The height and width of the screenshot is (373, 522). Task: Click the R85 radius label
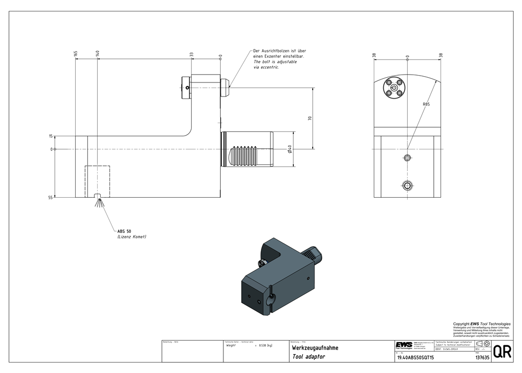(426, 105)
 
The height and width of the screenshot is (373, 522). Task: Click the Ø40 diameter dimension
(289, 150)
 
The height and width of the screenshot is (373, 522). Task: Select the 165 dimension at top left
(76, 54)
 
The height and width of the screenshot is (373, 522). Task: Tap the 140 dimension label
(97, 54)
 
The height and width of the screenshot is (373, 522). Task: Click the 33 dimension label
(191, 54)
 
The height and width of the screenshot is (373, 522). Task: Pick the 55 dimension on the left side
(51, 198)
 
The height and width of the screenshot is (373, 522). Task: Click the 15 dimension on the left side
(51, 136)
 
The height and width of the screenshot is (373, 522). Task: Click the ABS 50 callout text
(124, 231)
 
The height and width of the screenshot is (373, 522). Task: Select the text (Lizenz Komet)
(132, 237)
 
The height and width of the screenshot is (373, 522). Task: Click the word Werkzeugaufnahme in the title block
(315, 347)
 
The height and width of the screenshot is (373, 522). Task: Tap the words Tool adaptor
(309, 357)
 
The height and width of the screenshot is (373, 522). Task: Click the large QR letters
(502, 352)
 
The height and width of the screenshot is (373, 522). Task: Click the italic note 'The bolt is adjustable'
(275, 62)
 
